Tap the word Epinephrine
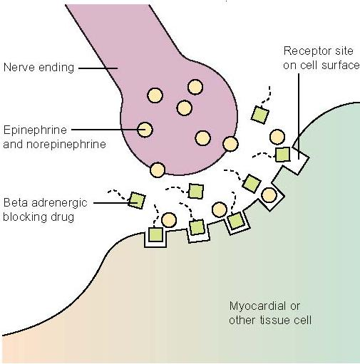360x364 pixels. coord(35,130)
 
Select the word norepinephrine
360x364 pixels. coord(66,145)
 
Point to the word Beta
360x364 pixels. coord(15,202)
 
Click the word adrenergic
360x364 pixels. coord(59,203)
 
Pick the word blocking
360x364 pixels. coord(24,217)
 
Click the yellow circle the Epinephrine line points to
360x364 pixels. coord(145,130)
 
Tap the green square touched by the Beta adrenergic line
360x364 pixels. coord(136,200)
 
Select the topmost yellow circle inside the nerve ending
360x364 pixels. coord(195,87)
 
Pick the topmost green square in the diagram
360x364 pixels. coord(260,115)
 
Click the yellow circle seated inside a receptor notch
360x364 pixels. coord(269,194)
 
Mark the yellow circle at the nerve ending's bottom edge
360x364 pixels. coord(158,170)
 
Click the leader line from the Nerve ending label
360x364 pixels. coord(98,68)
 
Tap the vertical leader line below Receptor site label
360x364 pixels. coord(299,116)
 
